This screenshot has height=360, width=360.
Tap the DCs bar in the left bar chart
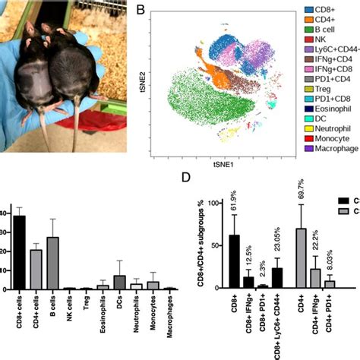click(x=120, y=282)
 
